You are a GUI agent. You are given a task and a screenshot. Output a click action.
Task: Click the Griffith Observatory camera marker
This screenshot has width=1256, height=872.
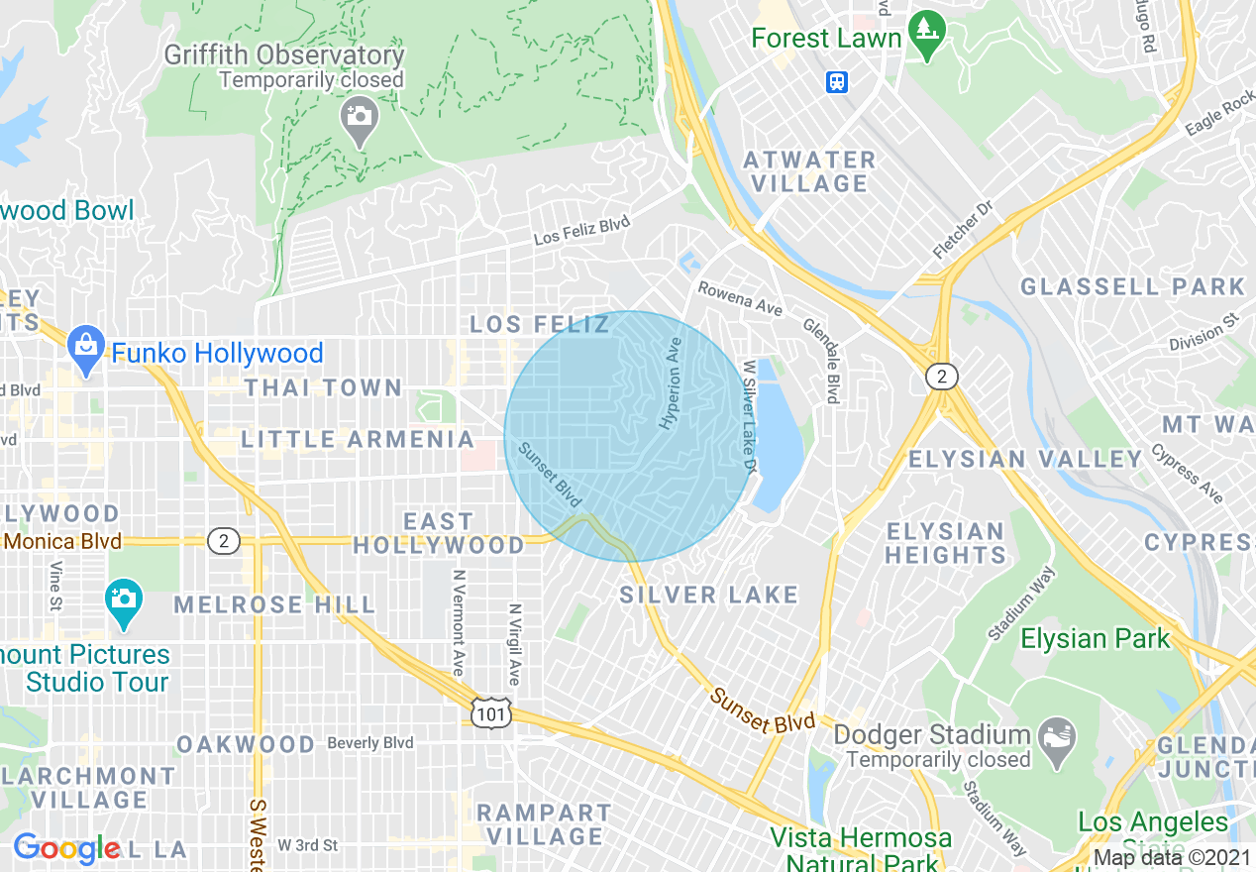pyautogui.click(x=359, y=117)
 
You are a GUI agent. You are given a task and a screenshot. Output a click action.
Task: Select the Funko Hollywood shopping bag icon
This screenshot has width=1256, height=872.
pyautogui.click(x=87, y=346)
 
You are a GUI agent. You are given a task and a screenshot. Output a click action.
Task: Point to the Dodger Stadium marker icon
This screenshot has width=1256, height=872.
pyautogui.click(x=1058, y=735)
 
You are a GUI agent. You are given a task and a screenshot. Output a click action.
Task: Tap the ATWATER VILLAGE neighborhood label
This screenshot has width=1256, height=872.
pyautogui.click(x=809, y=171)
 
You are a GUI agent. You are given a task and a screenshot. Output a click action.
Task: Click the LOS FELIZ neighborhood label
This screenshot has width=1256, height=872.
pyautogui.click(x=540, y=324)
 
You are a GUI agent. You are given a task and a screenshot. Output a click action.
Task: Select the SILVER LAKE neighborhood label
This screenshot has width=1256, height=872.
pyautogui.click(x=708, y=595)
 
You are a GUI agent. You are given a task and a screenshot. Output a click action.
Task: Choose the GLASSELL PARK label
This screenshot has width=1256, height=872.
pyautogui.click(x=1132, y=287)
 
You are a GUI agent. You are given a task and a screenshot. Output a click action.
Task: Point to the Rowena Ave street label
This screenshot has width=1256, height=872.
pyautogui.click(x=740, y=299)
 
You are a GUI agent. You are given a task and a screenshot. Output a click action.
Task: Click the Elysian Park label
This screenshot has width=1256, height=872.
pyautogui.click(x=1095, y=639)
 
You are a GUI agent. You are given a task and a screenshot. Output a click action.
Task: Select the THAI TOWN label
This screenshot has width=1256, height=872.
pyautogui.click(x=323, y=387)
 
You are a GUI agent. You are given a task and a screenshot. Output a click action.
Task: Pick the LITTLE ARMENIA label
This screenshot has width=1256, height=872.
pyautogui.click(x=359, y=439)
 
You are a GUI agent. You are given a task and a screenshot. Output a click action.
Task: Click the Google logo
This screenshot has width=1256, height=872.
pyautogui.click(x=67, y=848)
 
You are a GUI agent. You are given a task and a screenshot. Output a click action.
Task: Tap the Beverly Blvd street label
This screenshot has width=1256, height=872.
pyautogui.click(x=369, y=743)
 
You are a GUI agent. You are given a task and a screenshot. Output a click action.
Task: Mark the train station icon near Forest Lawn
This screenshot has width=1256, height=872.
pyautogui.click(x=837, y=82)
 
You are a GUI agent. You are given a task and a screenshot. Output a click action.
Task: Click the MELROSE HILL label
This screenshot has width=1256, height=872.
pyautogui.click(x=274, y=604)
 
